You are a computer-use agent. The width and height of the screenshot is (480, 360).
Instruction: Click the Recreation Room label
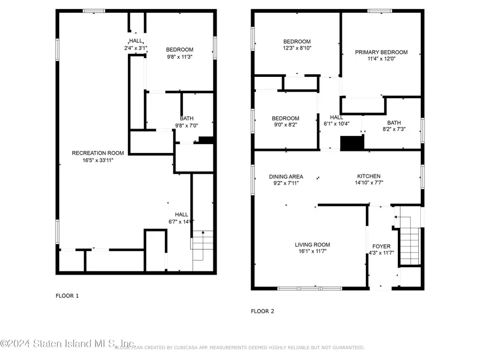click(93, 153)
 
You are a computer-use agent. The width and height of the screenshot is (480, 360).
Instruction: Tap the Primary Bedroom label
click(381, 52)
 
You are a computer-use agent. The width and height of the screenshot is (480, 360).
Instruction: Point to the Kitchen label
click(369, 176)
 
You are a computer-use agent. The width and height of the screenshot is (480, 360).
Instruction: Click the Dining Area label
click(286, 176)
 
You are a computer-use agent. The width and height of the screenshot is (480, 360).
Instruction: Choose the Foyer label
click(381, 246)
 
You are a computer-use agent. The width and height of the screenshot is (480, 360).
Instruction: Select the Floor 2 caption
click(262, 311)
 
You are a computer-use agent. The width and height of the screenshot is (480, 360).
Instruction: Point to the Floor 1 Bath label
click(187, 118)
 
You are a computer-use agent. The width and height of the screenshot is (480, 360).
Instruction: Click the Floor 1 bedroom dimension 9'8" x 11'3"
click(179, 57)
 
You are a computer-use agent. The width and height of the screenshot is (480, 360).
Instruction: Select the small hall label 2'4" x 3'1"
click(135, 48)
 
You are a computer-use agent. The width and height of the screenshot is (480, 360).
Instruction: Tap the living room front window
click(310, 289)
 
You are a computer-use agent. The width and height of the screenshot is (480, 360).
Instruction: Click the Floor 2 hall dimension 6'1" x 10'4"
click(337, 124)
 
